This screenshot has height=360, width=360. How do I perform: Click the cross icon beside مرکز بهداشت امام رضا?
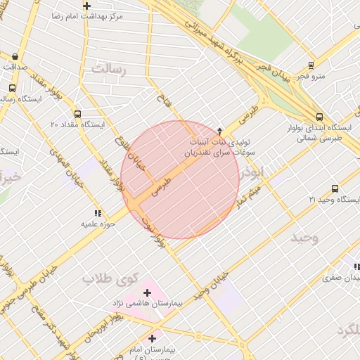click(x=86, y=6)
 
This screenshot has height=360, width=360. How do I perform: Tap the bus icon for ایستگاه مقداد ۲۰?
click(x=77, y=114)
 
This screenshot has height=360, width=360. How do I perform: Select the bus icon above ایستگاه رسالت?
click(x=12, y=89)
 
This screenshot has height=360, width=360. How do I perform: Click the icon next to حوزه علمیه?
click(x=97, y=213)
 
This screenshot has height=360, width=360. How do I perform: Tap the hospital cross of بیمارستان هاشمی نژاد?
click(x=148, y=292)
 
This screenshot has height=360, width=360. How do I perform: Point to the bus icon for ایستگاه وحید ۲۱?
click(x=334, y=188)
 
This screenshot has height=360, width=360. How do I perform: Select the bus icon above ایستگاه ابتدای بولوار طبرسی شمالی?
click(x=320, y=117)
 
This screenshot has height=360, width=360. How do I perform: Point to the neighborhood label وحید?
click(x=304, y=238)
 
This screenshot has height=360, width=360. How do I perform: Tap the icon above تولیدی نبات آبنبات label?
click(x=219, y=131)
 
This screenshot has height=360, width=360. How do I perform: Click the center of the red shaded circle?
click(x=180, y=179)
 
